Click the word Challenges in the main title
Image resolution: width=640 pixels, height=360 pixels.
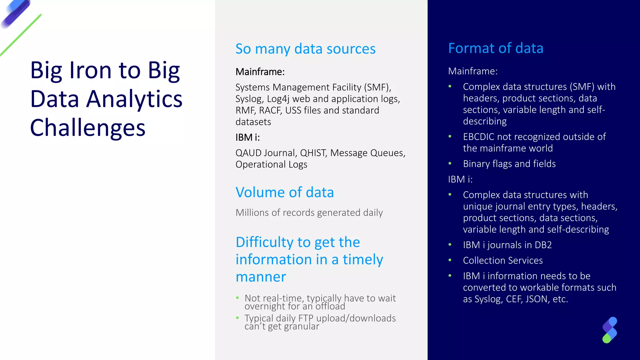(88, 128)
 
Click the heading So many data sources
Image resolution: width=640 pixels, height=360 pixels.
(305, 49)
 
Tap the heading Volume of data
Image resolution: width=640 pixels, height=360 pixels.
(284, 192)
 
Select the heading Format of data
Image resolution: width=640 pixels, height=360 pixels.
(496, 48)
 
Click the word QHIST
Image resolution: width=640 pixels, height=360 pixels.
(313, 153)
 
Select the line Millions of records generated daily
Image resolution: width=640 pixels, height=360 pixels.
(309, 213)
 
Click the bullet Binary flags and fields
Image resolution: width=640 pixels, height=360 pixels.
(509, 164)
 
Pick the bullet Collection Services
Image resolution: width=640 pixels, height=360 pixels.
(502, 260)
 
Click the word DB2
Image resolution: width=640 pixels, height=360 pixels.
(543, 245)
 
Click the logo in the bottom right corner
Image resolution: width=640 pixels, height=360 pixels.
(609, 330)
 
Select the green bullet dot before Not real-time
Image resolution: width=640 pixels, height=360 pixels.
(237, 298)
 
